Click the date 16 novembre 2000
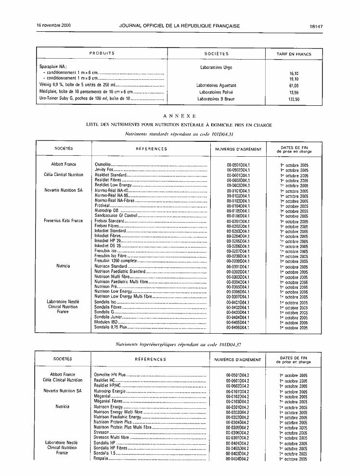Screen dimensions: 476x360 (54, 25)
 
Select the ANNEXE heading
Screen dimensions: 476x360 (180, 116)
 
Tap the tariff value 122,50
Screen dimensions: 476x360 (294, 99)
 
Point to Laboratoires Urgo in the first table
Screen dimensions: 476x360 (216, 67)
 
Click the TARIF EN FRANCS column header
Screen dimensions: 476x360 (294, 54)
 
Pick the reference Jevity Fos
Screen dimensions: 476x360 (103, 170)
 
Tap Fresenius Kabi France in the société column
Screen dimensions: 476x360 (63, 221)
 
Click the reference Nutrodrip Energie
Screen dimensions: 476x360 (110, 391)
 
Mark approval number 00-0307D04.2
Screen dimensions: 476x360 (238, 438)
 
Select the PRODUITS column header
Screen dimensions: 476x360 (102, 53)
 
